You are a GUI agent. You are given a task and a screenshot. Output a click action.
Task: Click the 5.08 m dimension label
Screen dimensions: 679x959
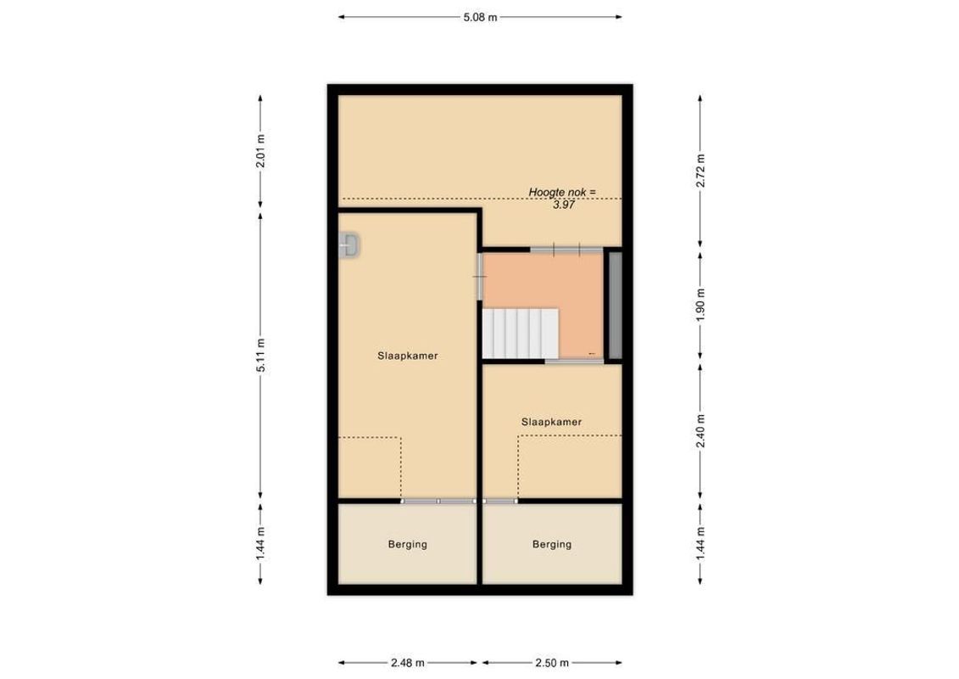coord(480,16)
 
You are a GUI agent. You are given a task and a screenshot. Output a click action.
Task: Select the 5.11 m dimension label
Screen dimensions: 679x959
coord(260,356)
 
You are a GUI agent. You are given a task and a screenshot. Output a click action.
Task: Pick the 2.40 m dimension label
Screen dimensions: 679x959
coord(700,430)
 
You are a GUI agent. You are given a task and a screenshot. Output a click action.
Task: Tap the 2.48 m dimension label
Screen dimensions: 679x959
coord(409,663)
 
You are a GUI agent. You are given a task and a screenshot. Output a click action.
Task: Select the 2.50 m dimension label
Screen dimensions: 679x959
coord(552,663)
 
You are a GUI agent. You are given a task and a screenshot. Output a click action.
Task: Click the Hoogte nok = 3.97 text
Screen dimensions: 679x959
coord(562,199)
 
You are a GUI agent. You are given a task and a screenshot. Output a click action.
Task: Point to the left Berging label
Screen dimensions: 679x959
coord(407,545)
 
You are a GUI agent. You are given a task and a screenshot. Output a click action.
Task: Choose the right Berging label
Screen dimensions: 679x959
coord(552,545)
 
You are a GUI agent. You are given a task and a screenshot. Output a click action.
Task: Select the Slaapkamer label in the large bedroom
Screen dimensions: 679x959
coord(407,356)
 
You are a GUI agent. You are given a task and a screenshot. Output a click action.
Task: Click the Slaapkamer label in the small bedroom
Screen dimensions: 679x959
coord(551,421)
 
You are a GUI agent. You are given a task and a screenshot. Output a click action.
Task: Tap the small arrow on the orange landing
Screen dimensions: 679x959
coord(591,353)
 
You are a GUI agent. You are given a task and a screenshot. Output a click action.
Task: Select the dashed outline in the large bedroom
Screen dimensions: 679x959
coord(370,467)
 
